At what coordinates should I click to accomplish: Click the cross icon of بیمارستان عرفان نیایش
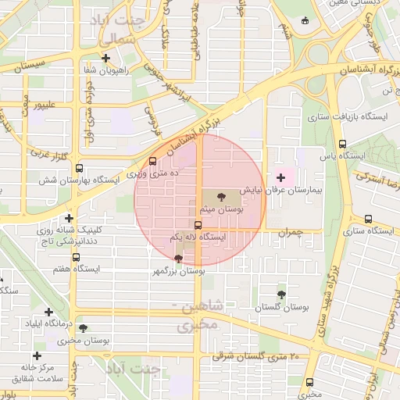(x=281, y=178)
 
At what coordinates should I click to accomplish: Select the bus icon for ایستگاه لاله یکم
(x=198, y=224)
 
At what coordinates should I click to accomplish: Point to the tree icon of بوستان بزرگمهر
(x=179, y=259)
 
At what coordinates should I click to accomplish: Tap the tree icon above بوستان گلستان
(x=281, y=295)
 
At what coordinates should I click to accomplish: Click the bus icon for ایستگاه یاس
(x=342, y=144)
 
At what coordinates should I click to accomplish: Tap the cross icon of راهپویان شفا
(x=105, y=57)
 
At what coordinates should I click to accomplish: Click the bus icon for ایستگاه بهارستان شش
(x=79, y=167)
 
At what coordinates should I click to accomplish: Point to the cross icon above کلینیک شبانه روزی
(x=70, y=219)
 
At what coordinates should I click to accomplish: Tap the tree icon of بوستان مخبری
(x=83, y=329)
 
